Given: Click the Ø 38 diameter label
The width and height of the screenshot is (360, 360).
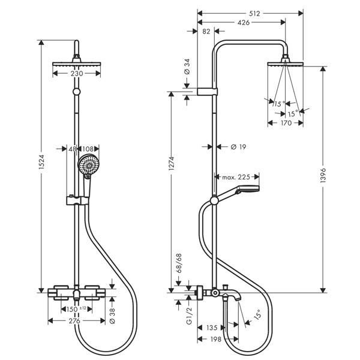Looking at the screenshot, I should click(112, 316).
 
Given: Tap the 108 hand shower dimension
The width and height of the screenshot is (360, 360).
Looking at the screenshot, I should click(88, 149).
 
